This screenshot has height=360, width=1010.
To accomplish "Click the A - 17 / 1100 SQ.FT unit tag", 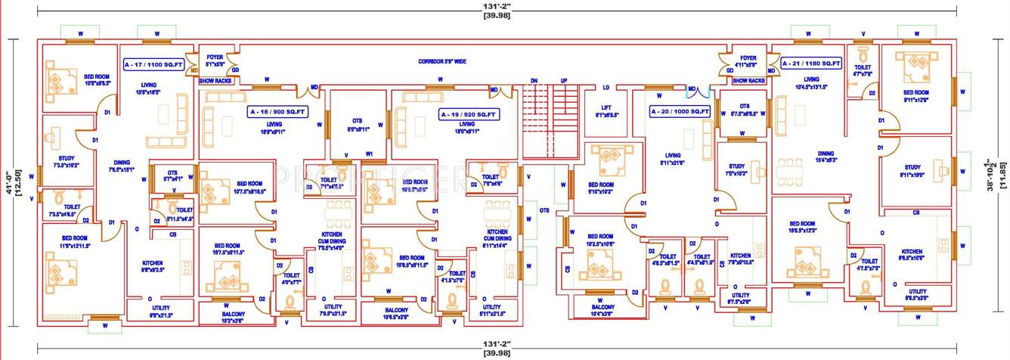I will (154, 66).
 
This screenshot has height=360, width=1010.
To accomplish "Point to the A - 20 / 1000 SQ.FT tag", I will (680, 111).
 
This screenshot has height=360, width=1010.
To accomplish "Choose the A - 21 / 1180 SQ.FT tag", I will (812, 64).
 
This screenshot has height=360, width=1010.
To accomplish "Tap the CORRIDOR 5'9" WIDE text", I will (442, 61).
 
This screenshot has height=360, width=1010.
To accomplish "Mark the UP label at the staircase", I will (564, 80).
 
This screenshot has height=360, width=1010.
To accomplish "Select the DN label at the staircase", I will (534, 80).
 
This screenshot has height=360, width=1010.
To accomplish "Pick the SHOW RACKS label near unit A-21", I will (748, 80).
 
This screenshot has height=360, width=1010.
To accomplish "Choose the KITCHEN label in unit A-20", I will (740, 256).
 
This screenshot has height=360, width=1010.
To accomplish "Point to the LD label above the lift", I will (606, 87).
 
